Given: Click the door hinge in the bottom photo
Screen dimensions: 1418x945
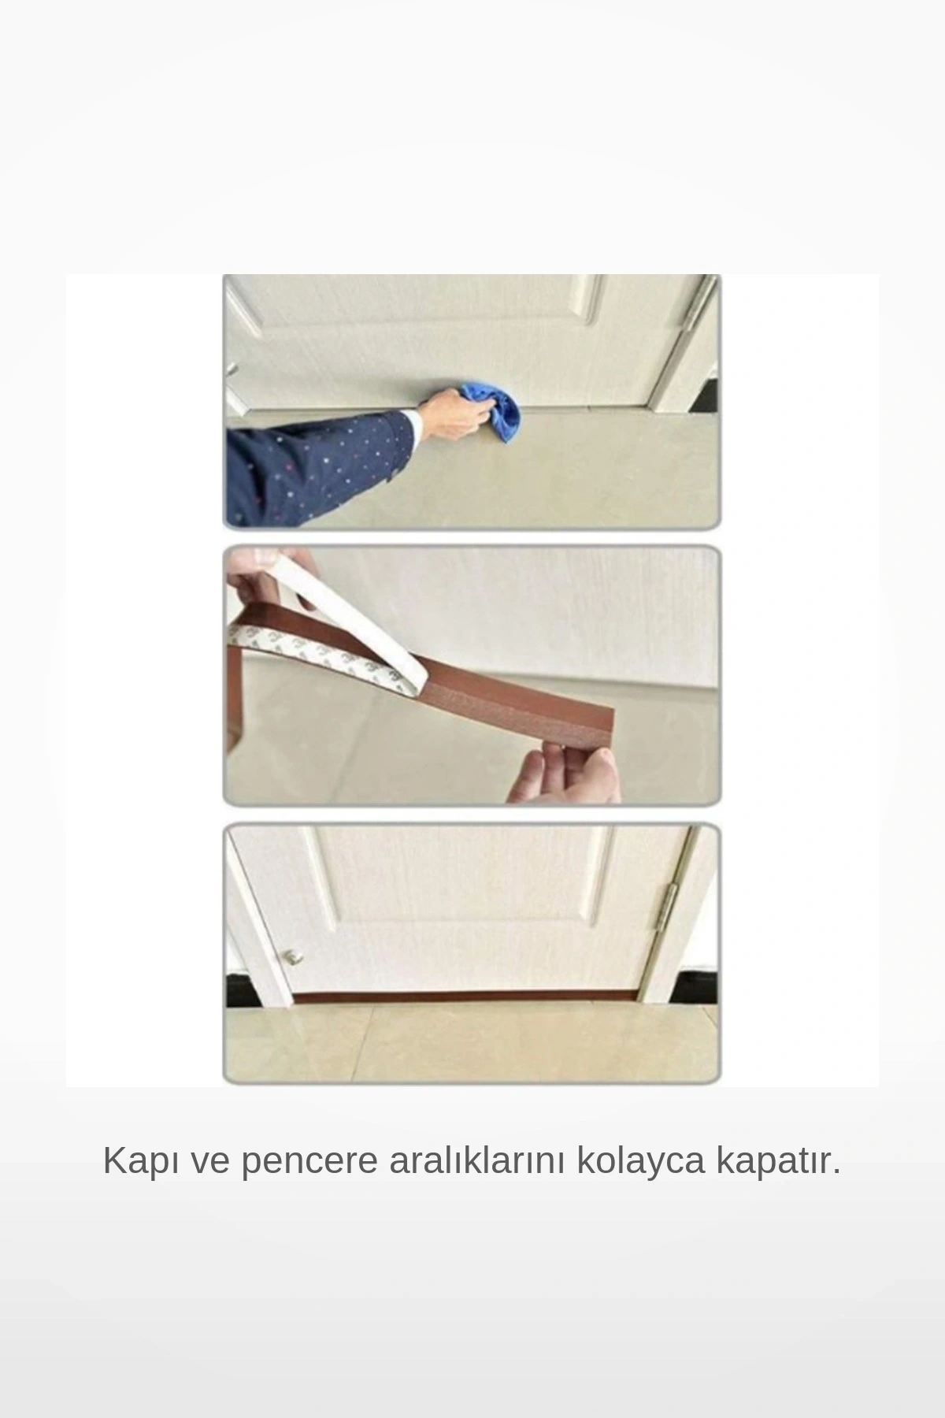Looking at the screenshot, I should click(672, 908).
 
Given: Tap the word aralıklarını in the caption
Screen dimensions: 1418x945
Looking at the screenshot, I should click(477, 1161).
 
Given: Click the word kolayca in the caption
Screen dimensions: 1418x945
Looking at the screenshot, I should click(641, 1161).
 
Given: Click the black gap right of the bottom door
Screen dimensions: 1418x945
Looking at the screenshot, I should click(701, 989).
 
